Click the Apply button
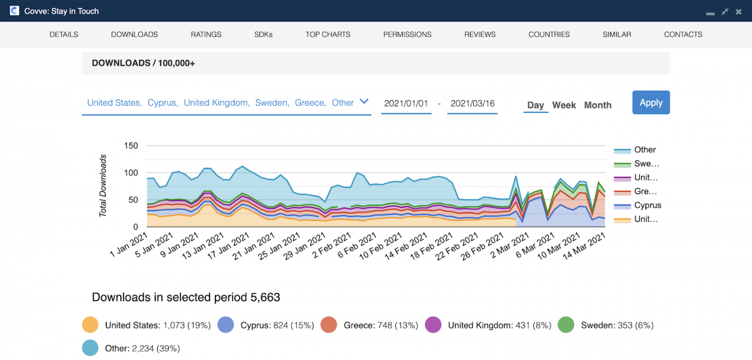tap(650, 103)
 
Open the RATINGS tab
tap(206, 34)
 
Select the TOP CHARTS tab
tap(328, 34)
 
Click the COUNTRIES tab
tap(549, 34)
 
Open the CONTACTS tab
tap(683, 34)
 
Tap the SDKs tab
tap(263, 34)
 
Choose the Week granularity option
tap(564, 105)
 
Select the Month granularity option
tap(597, 105)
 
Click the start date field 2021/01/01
tap(406, 103)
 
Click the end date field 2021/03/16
tap(472, 103)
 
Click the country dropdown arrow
tap(364, 102)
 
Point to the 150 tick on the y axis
tap(131, 146)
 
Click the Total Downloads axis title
tap(103, 186)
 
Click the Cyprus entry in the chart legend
tap(647, 205)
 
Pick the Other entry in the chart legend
tap(645, 150)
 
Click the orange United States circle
tap(90, 325)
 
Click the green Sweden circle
tap(566, 325)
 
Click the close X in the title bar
tap(739, 11)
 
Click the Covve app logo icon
tap(15, 11)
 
